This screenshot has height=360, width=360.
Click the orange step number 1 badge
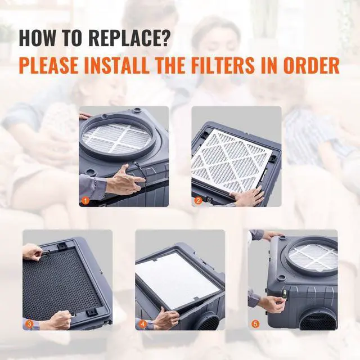point(85,200)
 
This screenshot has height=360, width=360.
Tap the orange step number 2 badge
point(198,200)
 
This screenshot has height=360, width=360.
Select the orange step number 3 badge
point(29,324)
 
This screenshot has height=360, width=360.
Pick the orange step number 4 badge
point(142,324)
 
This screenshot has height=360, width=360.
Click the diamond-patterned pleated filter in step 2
point(231,160)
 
